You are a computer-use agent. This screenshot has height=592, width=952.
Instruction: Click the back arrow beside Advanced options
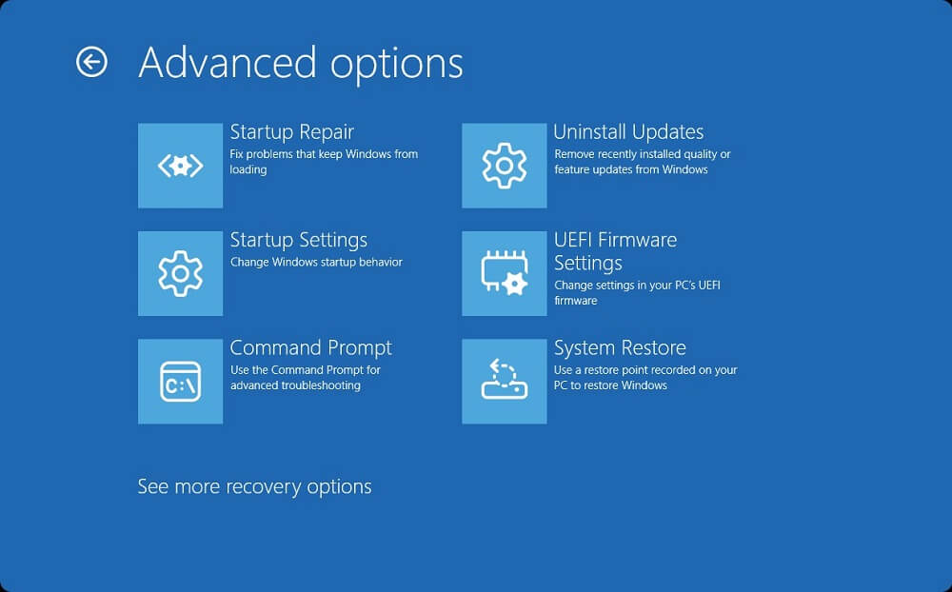coord(91,62)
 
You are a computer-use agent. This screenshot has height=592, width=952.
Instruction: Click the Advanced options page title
coord(301,64)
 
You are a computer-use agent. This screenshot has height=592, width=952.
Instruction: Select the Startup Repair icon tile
coord(180,166)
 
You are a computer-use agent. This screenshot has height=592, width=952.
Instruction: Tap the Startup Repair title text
coord(291,132)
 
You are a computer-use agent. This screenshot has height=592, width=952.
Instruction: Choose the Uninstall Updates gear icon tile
coord(504,166)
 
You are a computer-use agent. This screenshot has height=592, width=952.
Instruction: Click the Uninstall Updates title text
coord(628,131)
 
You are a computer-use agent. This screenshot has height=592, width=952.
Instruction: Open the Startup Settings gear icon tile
coord(180,273)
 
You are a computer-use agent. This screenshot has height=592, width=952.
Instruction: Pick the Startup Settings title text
coord(299,241)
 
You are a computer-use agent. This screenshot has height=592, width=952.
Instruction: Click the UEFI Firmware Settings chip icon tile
coord(504,273)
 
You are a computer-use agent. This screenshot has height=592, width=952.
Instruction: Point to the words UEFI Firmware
coord(615,240)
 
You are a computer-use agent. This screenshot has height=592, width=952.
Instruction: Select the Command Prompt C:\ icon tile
coord(180,382)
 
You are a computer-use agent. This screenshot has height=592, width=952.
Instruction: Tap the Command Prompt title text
coord(311,348)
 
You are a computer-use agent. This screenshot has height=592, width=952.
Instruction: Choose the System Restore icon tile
coord(504,382)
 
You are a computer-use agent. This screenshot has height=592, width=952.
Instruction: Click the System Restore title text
coord(620,348)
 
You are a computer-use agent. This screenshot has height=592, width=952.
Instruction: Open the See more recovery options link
coord(254,487)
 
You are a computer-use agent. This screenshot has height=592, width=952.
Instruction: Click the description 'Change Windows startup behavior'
coord(316,263)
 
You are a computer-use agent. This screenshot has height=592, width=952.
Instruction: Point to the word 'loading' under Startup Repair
coord(248,170)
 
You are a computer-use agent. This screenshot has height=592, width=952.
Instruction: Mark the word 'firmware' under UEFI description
coord(576,301)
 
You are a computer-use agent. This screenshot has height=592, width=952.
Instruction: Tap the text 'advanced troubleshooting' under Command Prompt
coord(295,385)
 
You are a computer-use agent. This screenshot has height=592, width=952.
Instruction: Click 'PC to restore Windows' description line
coord(610,385)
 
